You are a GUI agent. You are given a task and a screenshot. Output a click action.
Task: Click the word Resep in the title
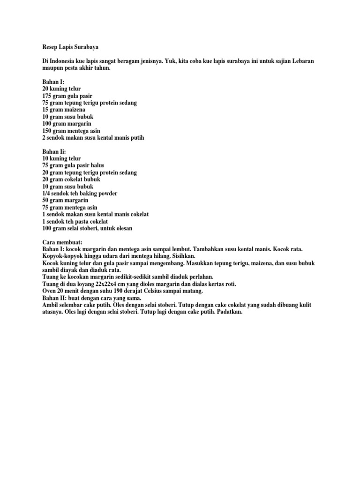pos(45,48)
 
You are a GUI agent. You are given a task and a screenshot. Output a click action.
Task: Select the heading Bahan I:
pos(48,82)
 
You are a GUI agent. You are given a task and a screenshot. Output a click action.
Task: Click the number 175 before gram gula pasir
pos(42,96)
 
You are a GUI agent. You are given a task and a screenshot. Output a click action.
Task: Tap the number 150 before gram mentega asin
pos(42,131)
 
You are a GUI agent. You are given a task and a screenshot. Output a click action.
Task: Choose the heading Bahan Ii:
pos(49,152)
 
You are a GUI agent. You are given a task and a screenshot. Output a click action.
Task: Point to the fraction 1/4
pos(41,194)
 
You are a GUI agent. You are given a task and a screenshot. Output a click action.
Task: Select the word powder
pos(106,194)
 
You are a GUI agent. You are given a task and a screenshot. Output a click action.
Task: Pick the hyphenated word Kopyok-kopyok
pos(57,256)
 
